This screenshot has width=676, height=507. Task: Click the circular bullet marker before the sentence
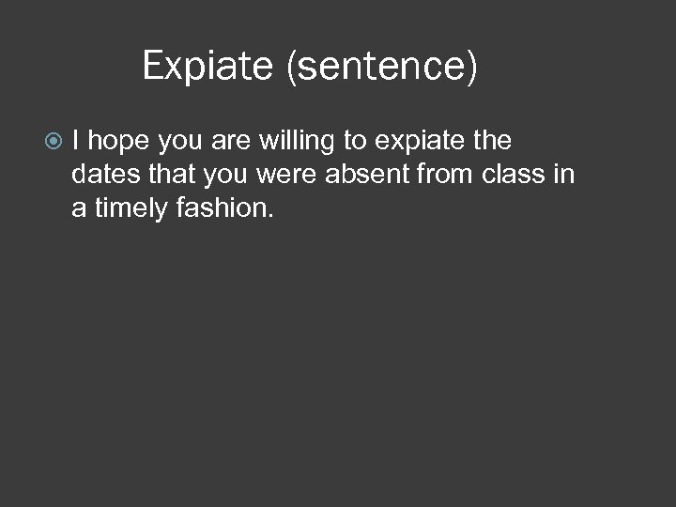[54, 142]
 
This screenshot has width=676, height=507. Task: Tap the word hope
[122, 142]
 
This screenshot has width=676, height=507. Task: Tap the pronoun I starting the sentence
[75, 142]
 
